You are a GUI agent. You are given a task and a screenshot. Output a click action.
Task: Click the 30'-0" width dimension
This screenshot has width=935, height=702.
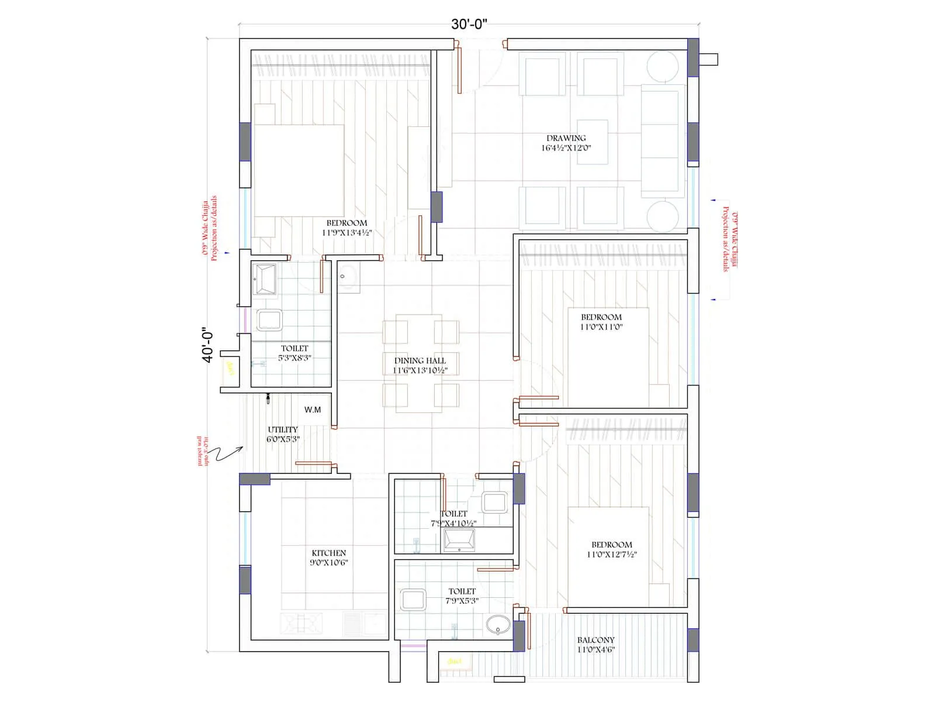469,24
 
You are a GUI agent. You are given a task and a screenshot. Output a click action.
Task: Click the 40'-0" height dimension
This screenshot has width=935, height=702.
208,345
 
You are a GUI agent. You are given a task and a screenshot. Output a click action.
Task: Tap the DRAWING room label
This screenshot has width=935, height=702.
566,138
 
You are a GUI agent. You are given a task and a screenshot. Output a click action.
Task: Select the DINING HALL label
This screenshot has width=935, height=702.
420,360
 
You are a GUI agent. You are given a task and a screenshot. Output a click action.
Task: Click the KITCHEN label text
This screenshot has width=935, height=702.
328,553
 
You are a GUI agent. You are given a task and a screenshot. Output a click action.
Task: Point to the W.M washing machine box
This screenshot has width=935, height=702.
313,409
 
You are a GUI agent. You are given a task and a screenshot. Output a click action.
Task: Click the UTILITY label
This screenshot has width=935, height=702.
283,429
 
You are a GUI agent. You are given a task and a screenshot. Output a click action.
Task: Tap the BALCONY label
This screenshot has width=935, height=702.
595,640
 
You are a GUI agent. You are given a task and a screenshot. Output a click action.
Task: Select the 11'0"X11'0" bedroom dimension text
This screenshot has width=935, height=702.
601,327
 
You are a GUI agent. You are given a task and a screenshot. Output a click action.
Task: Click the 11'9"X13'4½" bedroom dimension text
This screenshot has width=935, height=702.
347,232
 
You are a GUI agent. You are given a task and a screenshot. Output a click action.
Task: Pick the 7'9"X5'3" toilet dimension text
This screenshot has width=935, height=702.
462,601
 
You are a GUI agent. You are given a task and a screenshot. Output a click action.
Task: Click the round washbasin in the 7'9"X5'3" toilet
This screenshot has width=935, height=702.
497,626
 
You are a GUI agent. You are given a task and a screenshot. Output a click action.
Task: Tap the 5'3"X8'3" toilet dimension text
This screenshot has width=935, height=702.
295,357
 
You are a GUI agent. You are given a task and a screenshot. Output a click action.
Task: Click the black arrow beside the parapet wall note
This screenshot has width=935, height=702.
229,453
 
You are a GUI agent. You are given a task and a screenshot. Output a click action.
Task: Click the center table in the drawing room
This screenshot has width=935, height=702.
592,142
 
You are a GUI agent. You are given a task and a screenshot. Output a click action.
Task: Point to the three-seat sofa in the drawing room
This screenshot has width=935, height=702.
663,140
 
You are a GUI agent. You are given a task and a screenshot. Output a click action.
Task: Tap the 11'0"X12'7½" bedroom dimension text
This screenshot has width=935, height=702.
611,554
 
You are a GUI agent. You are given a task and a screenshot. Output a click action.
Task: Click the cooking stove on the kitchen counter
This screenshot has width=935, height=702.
302,623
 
